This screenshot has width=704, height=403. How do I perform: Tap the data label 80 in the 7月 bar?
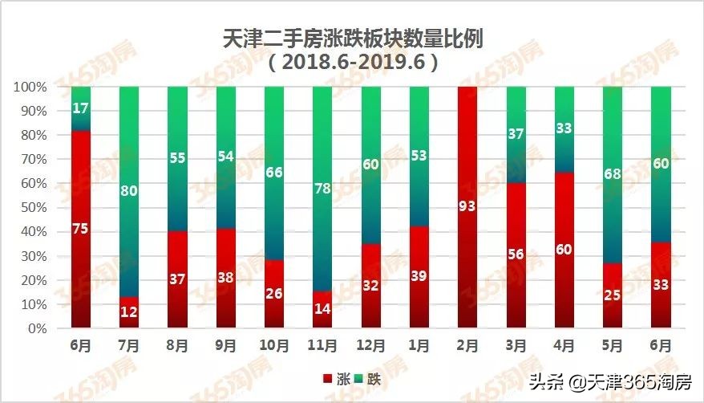[x=129, y=191]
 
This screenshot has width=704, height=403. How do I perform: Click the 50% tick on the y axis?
[x=33, y=207]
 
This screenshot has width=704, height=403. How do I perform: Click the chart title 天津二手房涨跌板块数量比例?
[x=352, y=39]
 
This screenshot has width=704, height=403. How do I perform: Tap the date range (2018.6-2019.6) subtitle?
[x=353, y=63]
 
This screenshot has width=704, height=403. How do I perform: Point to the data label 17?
[x=81, y=108]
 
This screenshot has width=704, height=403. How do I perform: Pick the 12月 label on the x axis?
[x=370, y=346]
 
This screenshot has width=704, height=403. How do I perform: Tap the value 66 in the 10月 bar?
[x=274, y=172]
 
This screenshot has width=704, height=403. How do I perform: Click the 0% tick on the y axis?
[x=37, y=328]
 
